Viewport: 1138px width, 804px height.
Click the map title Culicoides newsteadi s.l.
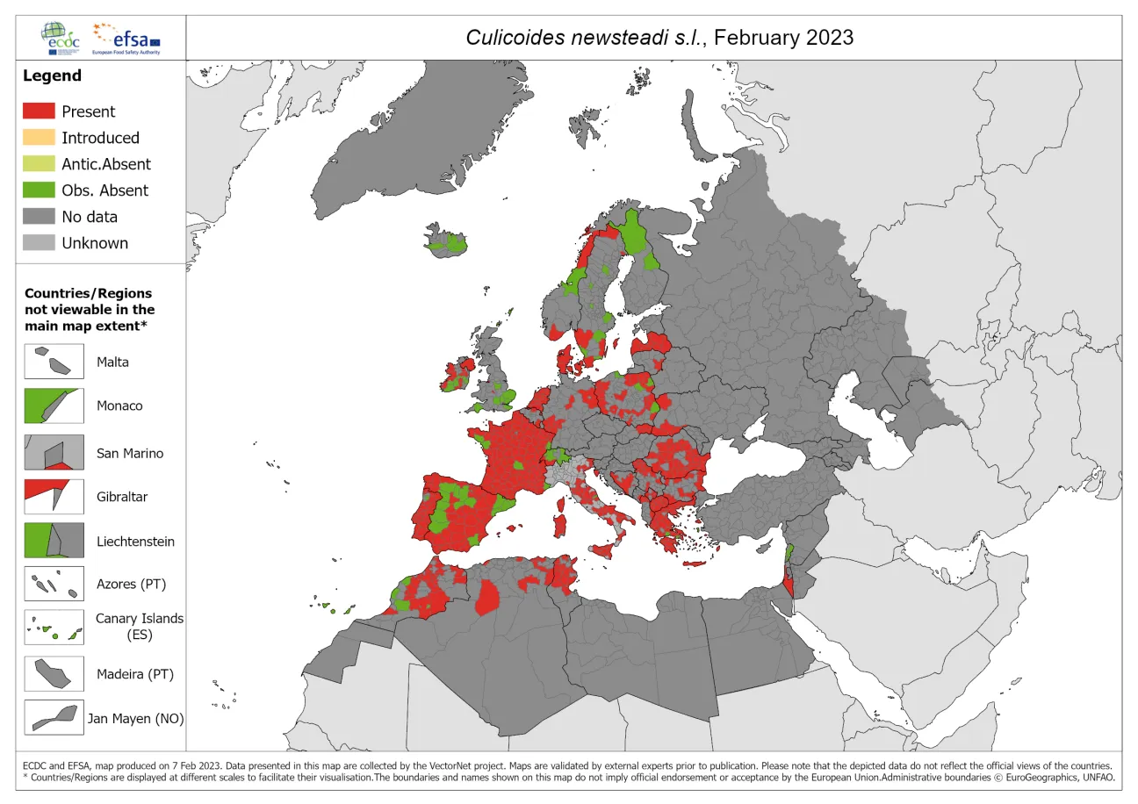pos(659,38)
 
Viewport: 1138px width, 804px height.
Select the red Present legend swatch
pos(39,111)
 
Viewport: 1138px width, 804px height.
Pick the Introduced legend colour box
pos(39,138)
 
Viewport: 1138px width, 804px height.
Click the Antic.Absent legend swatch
pos(39,164)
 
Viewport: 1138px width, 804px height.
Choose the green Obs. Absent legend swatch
pos(39,190)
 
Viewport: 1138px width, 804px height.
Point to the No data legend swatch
pos(39,217)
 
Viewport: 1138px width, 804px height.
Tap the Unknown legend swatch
pos(39,243)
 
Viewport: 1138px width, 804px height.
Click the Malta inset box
pos(54,362)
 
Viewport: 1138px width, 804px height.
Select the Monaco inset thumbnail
pos(54,406)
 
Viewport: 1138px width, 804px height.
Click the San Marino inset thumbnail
pos(54,453)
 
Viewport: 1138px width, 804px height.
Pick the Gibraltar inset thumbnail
pos(54,496)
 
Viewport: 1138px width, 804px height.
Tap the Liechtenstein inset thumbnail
pos(54,541)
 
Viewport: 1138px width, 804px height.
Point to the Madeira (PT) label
pos(135,674)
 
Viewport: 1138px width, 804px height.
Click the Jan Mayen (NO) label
pos(136,718)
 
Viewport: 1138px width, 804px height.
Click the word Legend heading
pos(52,75)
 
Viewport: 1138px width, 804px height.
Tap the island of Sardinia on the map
pos(558,525)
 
